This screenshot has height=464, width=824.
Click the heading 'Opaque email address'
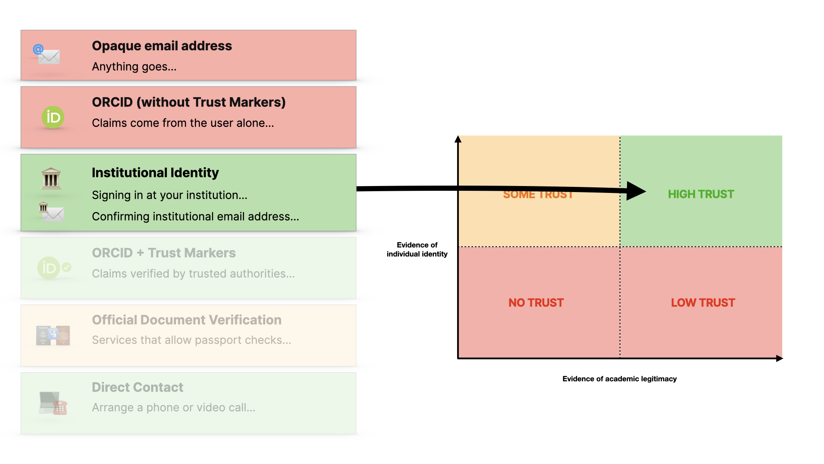162,46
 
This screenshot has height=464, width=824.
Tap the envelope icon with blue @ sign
47,55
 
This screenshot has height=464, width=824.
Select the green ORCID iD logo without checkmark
53,117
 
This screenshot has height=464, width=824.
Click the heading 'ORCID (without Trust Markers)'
188,102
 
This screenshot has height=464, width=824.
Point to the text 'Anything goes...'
134,67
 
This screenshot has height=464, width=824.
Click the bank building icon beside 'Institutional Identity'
51,178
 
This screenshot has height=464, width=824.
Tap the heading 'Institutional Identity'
155,173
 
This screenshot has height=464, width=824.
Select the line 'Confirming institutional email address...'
195,217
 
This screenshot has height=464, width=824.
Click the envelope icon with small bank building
51,212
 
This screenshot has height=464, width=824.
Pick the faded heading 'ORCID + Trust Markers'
164,253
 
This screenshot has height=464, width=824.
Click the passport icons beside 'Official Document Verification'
53,336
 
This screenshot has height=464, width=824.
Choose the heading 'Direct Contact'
137,388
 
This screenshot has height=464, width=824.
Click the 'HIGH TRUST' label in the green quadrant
701,194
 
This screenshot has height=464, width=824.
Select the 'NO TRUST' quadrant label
536,303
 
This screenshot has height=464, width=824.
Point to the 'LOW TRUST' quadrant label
703,303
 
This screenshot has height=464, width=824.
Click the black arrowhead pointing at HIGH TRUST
636,191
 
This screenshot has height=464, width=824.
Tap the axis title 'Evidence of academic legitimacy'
619,379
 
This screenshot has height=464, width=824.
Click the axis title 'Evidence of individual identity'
417,250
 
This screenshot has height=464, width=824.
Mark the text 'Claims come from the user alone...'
183,123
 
